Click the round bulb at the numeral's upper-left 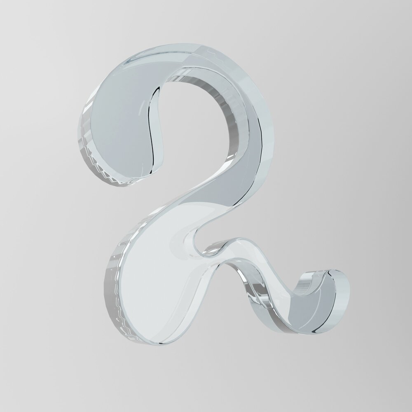[x=121, y=124]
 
